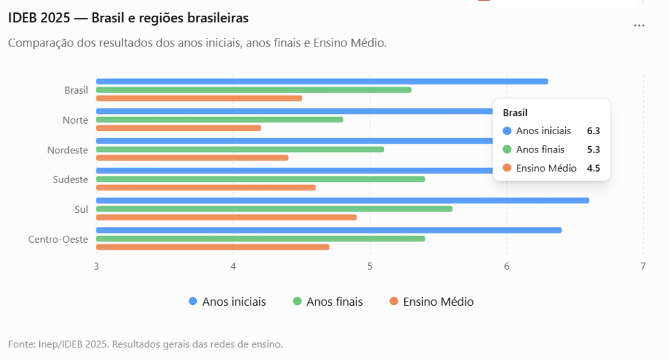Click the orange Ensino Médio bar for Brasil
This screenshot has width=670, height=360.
tap(199, 98)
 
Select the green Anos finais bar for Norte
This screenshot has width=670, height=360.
tap(220, 120)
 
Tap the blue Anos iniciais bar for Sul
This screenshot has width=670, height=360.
tap(343, 200)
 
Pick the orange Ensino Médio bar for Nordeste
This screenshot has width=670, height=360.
tap(192, 158)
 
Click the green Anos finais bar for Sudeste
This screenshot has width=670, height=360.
tap(260, 179)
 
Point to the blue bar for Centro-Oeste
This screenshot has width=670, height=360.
tap(329, 230)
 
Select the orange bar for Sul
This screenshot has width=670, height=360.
tap(226, 217)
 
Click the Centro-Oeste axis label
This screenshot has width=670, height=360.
tap(58, 240)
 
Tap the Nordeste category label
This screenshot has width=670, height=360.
tap(67, 150)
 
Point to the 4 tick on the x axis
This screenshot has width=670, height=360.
tap(234, 266)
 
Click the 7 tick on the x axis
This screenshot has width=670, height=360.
tap(643, 266)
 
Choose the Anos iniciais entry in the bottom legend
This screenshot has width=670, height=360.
tap(227, 302)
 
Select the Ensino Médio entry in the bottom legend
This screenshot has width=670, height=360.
tap(432, 302)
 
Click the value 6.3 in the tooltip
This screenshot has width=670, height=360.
tap(593, 131)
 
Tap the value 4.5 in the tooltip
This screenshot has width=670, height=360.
tap(593, 168)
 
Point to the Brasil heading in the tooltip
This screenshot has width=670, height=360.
tap(515, 113)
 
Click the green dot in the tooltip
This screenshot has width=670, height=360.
tap(507, 149)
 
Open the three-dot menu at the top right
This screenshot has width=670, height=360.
tap(639, 26)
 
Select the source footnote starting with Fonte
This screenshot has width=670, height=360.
tap(145, 344)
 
